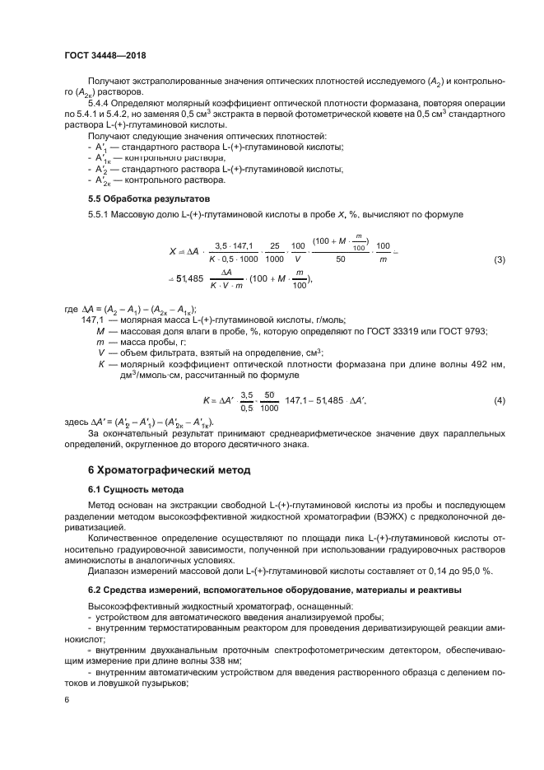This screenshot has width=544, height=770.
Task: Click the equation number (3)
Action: (499, 260)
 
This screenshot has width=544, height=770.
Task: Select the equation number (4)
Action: (499, 400)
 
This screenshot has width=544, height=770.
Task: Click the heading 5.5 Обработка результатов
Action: (138, 198)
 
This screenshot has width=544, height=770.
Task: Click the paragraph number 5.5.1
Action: (100, 214)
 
